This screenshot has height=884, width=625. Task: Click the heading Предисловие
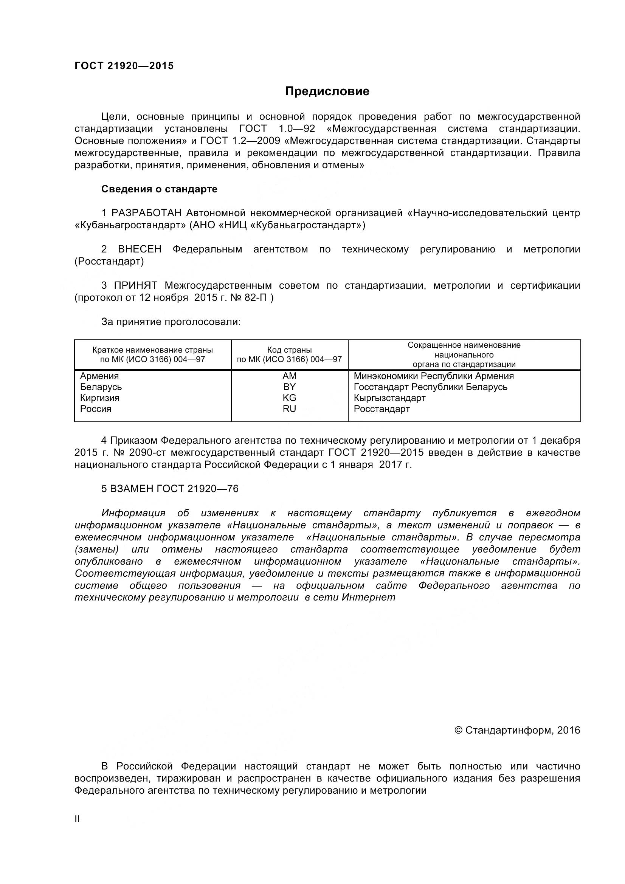coord(327,91)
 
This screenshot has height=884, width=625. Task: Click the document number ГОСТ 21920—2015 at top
coord(124,66)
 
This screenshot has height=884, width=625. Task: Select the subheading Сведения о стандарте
coord(159,189)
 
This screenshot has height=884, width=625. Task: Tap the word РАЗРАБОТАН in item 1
coord(146,213)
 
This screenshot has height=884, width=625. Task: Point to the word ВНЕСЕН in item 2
coord(140,249)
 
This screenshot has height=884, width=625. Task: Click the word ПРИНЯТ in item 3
coord(136,285)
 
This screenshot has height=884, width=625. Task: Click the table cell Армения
coord(99,376)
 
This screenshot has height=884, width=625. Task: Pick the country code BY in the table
coord(289,387)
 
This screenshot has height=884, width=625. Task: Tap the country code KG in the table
coord(289,398)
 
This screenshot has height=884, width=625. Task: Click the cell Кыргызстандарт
coord(389,398)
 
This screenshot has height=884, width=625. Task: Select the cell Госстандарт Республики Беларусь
coord(430,387)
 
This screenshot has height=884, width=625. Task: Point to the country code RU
coord(289,409)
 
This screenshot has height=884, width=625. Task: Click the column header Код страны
coord(289,350)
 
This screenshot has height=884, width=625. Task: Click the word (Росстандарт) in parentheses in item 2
coord(109,262)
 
